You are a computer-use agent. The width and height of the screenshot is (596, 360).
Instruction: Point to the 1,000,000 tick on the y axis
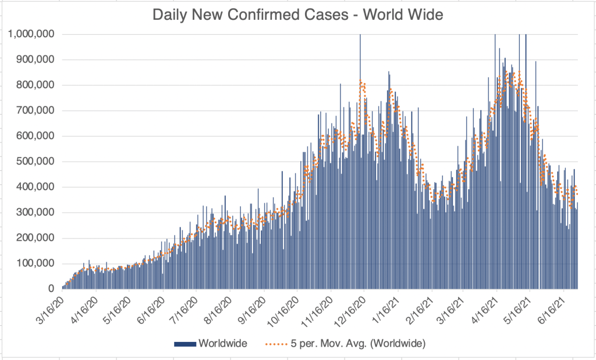point(31,34)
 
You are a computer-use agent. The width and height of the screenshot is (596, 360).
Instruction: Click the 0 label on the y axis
point(51,289)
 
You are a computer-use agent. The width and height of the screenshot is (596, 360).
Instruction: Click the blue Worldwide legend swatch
point(185,344)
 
